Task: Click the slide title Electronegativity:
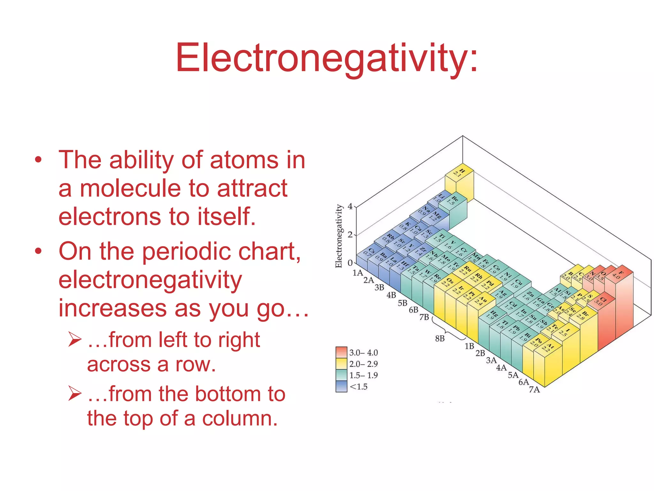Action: click(326, 58)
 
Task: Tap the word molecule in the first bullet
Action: click(130, 189)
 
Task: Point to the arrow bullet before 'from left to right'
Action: click(75, 339)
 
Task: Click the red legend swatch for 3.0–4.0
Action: click(341, 352)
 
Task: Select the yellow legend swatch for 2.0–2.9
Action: click(341, 364)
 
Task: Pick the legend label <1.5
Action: click(359, 387)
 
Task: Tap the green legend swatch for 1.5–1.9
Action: click(341, 375)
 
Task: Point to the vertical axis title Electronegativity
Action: click(338, 236)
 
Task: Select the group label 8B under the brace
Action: click(440, 339)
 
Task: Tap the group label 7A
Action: click(534, 390)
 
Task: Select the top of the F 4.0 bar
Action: click(619, 274)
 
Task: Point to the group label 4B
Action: click(391, 295)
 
